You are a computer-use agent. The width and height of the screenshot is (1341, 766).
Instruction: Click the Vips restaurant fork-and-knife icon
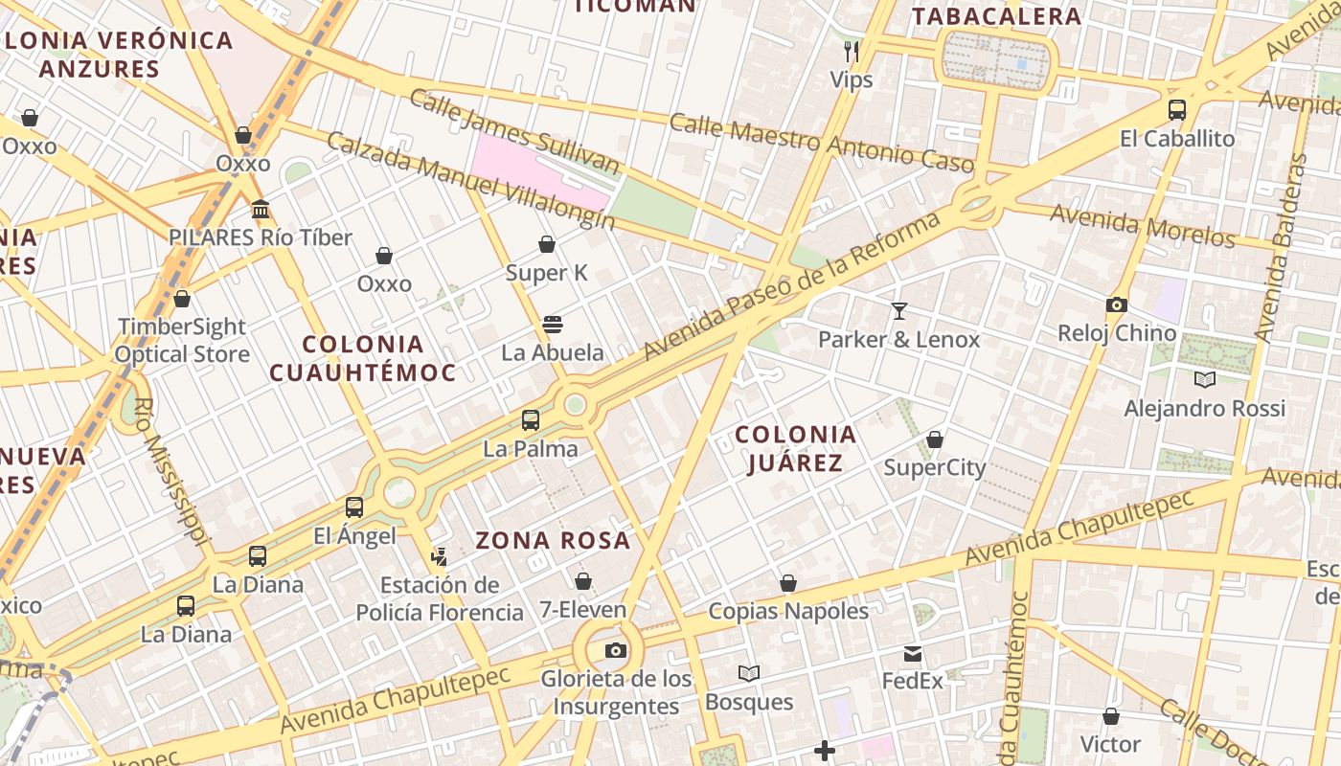(851, 51)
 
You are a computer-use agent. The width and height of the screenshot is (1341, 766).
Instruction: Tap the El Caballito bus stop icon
(1177, 110)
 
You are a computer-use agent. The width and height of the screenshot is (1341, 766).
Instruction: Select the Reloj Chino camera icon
(1116, 305)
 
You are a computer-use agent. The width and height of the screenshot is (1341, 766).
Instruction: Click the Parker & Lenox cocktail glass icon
(898, 310)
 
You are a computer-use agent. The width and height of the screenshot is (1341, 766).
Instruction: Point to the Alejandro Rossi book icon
(1204, 380)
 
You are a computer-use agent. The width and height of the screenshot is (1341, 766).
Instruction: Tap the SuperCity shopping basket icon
(934, 439)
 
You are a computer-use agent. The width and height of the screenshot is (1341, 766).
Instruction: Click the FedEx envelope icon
(912, 654)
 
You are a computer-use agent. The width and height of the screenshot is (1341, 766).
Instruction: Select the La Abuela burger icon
(553, 325)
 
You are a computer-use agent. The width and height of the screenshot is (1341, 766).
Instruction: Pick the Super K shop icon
(547, 244)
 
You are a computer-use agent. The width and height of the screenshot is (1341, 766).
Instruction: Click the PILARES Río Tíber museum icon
(261, 209)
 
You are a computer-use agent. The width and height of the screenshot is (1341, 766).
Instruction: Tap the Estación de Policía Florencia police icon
(439, 556)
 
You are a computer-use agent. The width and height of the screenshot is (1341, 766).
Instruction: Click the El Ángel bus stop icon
(354, 507)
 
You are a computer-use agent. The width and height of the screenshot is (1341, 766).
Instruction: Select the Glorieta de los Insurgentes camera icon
(616, 651)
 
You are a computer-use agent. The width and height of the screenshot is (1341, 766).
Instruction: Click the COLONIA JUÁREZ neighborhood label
(795, 449)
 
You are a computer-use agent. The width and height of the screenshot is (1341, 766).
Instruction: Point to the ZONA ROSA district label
(553, 540)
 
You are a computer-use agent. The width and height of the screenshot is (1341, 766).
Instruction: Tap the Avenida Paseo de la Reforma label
(793, 287)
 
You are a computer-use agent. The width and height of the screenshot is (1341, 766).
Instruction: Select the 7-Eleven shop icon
(582, 581)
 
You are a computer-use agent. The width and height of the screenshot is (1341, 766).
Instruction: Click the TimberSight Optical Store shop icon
(182, 299)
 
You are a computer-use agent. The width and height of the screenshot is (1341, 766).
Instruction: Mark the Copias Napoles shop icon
(787, 583)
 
